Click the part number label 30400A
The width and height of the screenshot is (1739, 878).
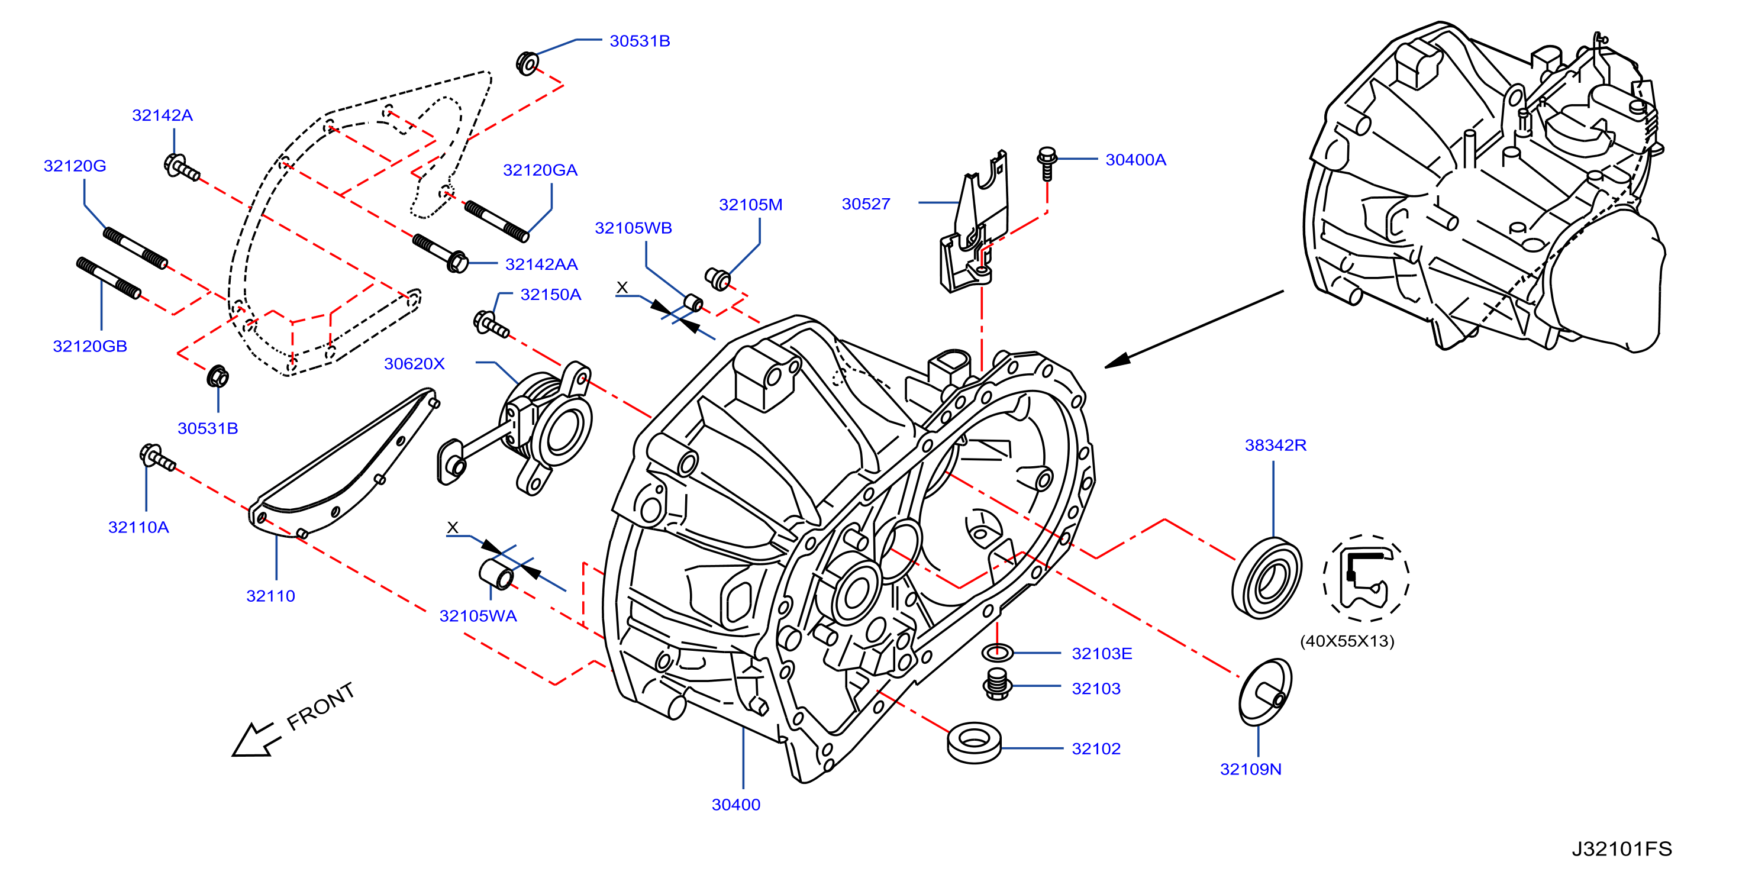coord(1135,160)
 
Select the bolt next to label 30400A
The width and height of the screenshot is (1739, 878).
coord(1046,163)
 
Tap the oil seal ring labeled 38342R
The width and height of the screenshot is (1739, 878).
coord(1266,577)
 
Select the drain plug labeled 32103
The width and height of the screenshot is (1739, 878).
coord(997,685)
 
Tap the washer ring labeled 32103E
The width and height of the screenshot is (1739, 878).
coord(997,653)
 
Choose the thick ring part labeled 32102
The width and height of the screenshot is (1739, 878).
coord(974,743)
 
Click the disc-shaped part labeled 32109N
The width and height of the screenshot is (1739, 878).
coord(1265,692)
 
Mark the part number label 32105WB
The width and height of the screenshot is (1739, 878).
coord(633,228)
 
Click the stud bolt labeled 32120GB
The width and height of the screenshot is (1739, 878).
coord(109,277)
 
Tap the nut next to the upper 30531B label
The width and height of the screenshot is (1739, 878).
coord(527,63)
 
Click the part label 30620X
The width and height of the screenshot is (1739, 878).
coord(415,364)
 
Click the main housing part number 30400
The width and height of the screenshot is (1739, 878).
coord(736,805)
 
